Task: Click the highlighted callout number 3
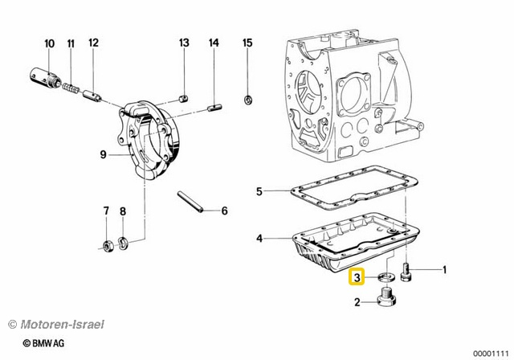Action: pos(357,277)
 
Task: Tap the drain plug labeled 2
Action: pos(387,296)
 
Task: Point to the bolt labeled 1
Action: pos(406,272)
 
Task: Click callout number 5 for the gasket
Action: pos(259,191)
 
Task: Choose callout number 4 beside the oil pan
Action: pos(259,239)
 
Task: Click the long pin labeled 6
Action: pos(191,202)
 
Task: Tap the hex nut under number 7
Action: pos(108,246)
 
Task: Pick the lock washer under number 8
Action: pos(123,244)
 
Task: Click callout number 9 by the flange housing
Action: pos(104,154)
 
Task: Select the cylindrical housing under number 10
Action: pos(43,77)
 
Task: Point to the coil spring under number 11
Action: pos(71,88)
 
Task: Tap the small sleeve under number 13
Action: pos(183,98)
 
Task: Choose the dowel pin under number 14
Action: pos(215,107)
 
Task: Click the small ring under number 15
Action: pos(248,100)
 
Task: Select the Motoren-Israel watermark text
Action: pos(55,325)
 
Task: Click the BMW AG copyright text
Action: pos(44,343)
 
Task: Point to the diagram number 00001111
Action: pos(491,354)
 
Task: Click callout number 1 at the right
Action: pos(444,270)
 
